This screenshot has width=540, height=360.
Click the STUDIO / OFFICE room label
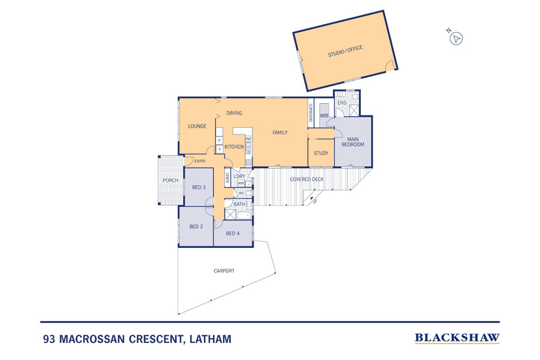tap(345, 49)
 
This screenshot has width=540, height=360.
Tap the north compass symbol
tap(456, 38)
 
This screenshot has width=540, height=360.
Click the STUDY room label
tap(321, 153)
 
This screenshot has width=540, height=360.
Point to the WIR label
tap(324, 116)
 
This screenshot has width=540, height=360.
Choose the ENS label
tap(342, 103)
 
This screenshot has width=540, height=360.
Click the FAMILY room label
tap(280, 132)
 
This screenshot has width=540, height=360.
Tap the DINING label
tap(234, 113)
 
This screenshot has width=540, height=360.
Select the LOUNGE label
tap(198, 126)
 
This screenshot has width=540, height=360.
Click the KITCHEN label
tap(234, 147)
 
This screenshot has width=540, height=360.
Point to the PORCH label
tap(170, 181)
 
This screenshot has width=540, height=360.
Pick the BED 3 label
tap(198, 187)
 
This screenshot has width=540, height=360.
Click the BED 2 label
tap(196, 226)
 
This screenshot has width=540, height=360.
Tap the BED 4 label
tap(232, 233)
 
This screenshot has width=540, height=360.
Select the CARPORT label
tap(224, 271)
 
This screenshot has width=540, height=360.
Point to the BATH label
tap(239, 204)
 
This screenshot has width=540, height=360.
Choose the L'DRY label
tap(239, 177)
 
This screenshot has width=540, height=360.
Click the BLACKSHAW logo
tap(457, 337)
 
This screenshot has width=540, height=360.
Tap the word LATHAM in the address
tap(206, 338)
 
